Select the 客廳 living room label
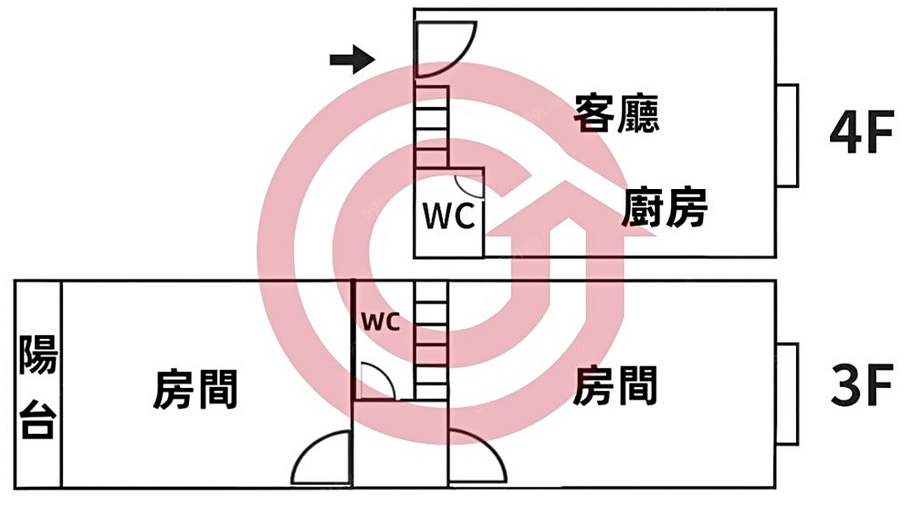pos(616,114)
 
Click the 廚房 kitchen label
pos(666,208)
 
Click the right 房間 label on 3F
pos(616,385)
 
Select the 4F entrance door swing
pos(442,49)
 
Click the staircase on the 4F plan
pos(432,127)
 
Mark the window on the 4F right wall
pos(788,134)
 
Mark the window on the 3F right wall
pos(788,394)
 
